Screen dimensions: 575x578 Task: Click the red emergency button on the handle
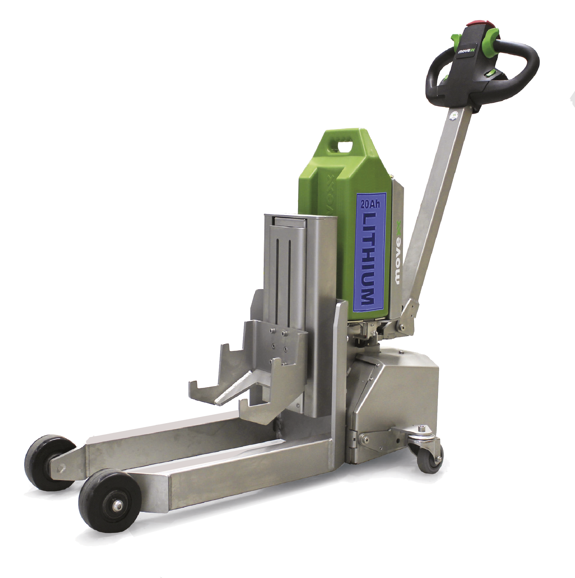pyautogui.click(x=476, y=23)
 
